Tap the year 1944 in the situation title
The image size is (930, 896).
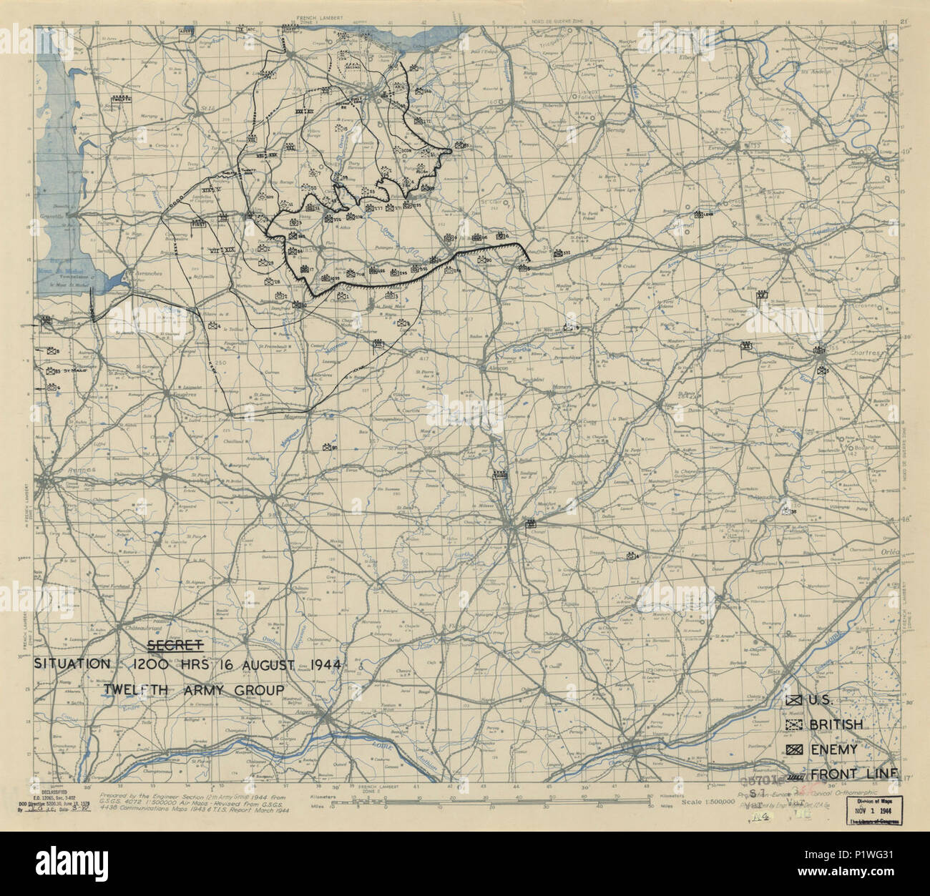click(x=320, y=664)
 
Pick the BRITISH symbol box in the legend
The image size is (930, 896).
click(x=792, y=724)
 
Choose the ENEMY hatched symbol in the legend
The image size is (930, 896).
click(x=792, y=749)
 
